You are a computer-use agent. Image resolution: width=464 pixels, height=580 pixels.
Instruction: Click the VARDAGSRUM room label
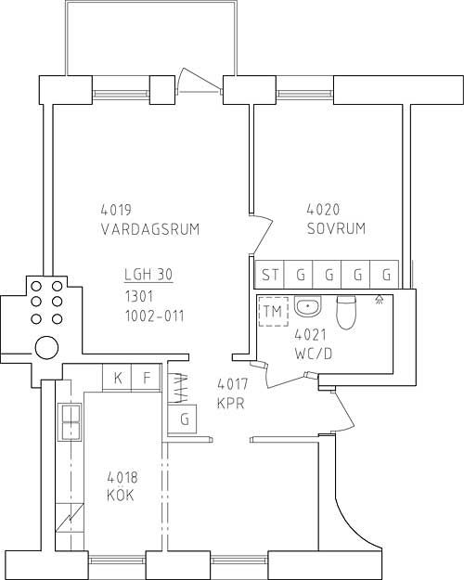[x=150, y=229]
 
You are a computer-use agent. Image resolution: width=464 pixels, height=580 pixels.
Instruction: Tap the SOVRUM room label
[x=336, y=228]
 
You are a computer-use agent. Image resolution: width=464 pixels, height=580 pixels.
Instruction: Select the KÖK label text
[x=121, y=495]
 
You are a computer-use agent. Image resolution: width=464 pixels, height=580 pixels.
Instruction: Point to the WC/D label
[x=314, y=354]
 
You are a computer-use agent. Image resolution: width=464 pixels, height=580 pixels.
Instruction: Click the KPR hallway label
[x=231, y=403]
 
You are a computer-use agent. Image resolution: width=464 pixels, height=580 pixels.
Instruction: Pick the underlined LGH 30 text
[x=148, y=275]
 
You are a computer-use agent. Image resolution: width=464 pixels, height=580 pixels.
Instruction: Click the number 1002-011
[x=155, y=316]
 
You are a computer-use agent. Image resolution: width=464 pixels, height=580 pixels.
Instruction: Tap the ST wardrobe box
[x=269, y=275]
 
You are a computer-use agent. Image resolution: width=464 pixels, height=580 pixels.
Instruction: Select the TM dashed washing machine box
[x=274, y=312]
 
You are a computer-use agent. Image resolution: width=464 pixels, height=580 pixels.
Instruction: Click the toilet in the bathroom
[x=346, y=312]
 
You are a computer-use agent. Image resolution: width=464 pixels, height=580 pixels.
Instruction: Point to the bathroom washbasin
[x=308, y=306]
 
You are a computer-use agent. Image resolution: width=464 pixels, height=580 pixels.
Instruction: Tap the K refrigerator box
[x=117, y=378]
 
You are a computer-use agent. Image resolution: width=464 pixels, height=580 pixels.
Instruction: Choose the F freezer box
[x=147, y=378]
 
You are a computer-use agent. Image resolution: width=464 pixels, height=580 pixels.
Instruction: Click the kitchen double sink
[x=70, y=421]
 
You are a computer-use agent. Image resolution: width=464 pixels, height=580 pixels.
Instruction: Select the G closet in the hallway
[x=183, y=419]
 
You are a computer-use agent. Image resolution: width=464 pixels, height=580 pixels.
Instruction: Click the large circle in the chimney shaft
[x=46, y=348]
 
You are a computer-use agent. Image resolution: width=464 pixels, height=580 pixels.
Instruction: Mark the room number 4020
[x=323, y=210]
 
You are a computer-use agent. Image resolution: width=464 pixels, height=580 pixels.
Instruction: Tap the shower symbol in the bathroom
[x=379, y=299]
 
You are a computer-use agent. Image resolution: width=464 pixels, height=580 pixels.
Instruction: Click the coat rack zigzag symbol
[x=178, y=389]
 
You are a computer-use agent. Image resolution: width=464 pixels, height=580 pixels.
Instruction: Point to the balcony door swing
[x=200, y=80]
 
